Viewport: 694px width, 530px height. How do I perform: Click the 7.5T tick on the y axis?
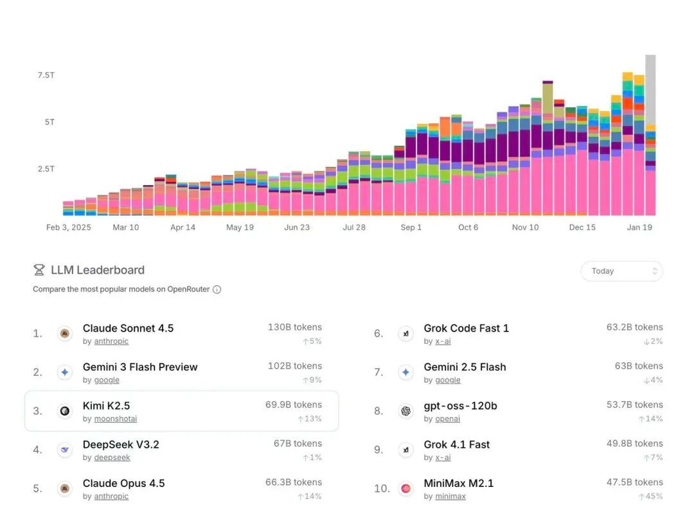point(46,75)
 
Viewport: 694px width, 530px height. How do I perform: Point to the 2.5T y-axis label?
point(46,169)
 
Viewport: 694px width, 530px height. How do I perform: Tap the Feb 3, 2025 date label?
point(69,227)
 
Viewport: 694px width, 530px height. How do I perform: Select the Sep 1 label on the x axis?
point(411,227)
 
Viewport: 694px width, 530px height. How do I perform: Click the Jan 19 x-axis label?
point(639,227)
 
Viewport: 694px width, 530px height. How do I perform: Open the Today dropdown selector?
point(621,271)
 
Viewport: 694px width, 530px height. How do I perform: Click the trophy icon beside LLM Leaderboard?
point(39,270)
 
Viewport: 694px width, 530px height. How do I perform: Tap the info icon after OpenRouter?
point(217,290)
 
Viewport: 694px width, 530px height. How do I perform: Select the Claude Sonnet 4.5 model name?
point(128,328)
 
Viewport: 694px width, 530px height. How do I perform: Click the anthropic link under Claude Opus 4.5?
point(111,497)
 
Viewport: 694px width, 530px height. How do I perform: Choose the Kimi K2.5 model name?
point(106,406)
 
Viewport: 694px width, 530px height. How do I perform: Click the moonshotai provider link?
point(115,419)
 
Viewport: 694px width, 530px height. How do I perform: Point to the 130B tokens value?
point(295,328)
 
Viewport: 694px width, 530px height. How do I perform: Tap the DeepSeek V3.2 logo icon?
point(64,450)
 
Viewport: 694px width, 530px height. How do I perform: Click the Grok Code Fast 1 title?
point(466,328)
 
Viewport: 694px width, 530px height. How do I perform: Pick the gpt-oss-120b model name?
point(460,406)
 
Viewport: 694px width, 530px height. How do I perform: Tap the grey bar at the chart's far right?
point(650,90)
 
